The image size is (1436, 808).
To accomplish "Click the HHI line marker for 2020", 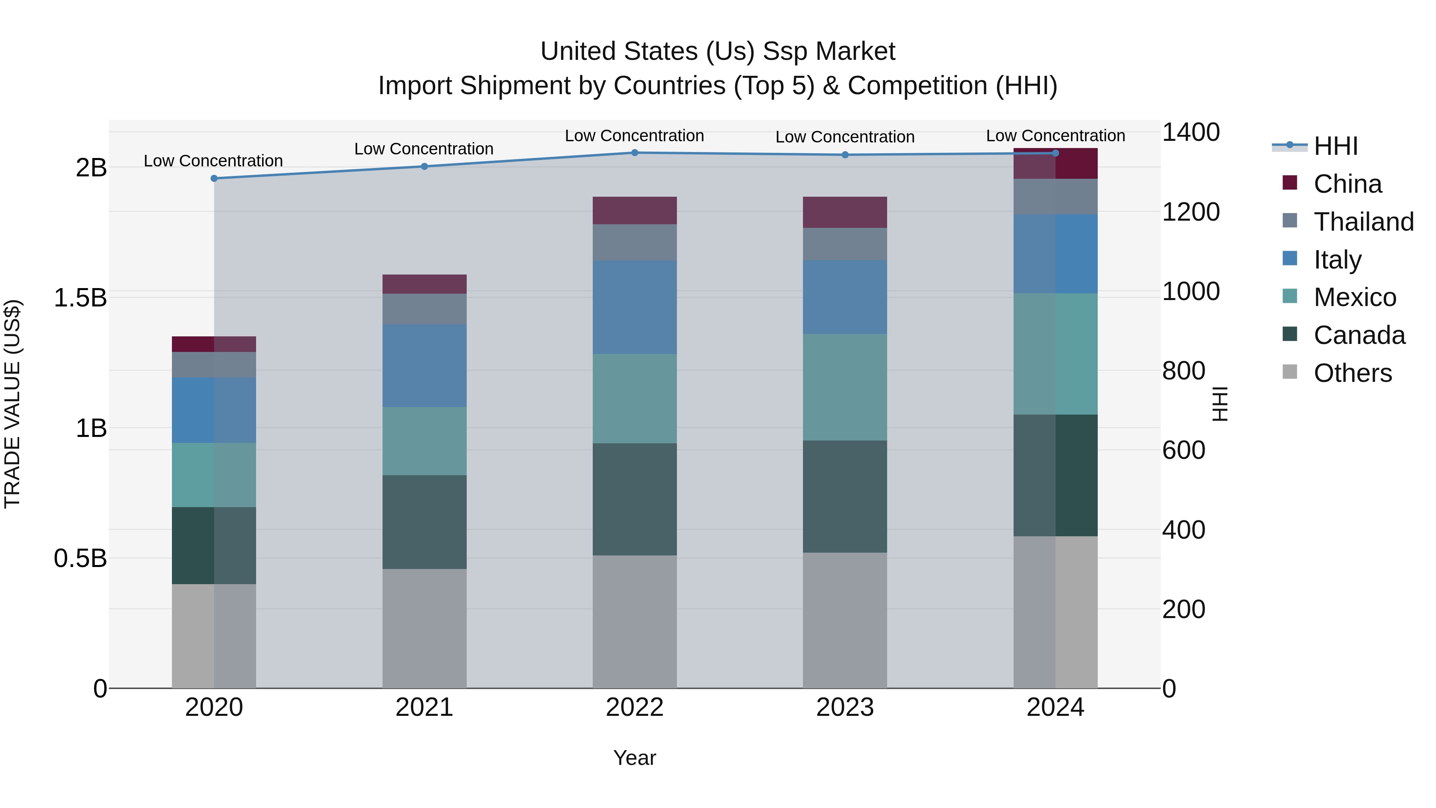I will coord(214,178).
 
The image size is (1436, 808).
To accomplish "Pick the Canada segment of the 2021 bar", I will coord(424,522).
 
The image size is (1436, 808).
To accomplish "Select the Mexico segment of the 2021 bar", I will coord(424,441).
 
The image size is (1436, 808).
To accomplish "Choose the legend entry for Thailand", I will coord(1363,222).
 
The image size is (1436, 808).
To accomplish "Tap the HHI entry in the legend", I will coord(1335,146).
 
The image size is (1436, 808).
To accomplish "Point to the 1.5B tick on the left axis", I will coord(80,298).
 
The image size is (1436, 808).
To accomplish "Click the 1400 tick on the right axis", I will coord(1191,133).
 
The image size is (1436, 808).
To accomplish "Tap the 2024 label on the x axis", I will coord(1055,707).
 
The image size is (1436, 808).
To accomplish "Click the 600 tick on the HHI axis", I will coord(1184,450).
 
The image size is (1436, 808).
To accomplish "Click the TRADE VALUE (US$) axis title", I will coord(12,404).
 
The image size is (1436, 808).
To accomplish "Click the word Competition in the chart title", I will coord(917,86).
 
